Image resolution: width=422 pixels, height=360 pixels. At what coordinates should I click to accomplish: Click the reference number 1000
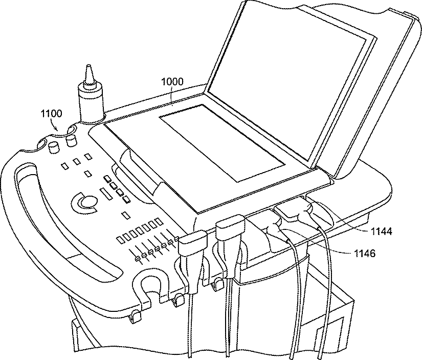tap(172, 81)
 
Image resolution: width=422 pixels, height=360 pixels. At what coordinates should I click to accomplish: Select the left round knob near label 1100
tap(53, 149)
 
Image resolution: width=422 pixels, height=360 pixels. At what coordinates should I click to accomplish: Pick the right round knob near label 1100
tap(71, 139)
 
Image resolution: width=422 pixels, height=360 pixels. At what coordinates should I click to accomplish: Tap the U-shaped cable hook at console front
tap(151, 290)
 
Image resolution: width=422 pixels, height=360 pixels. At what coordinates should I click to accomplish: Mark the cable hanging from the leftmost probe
tap(190, 328)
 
